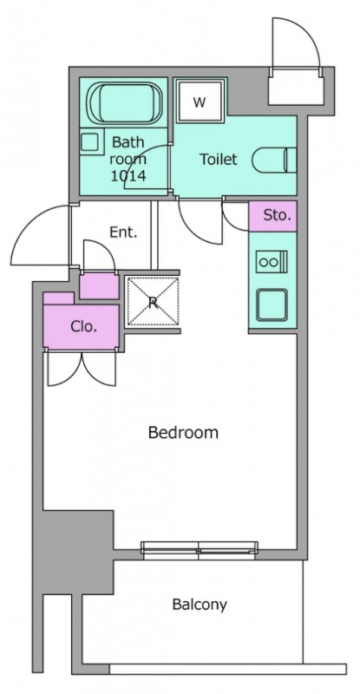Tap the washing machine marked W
click(200, 102)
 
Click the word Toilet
click(219, 159)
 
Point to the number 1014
click(128, 177)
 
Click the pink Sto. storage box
click(272, 216)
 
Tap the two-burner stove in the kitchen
click(272, 262)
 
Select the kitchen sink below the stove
click(272, 305)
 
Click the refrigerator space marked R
click(153, 301)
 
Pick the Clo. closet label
click(83, 327)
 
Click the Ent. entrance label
click(123, 232)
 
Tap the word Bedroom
click(183, 432)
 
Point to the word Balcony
click(200, 604)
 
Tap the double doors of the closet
click(82, 366)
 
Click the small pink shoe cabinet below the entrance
click(99, 285)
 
